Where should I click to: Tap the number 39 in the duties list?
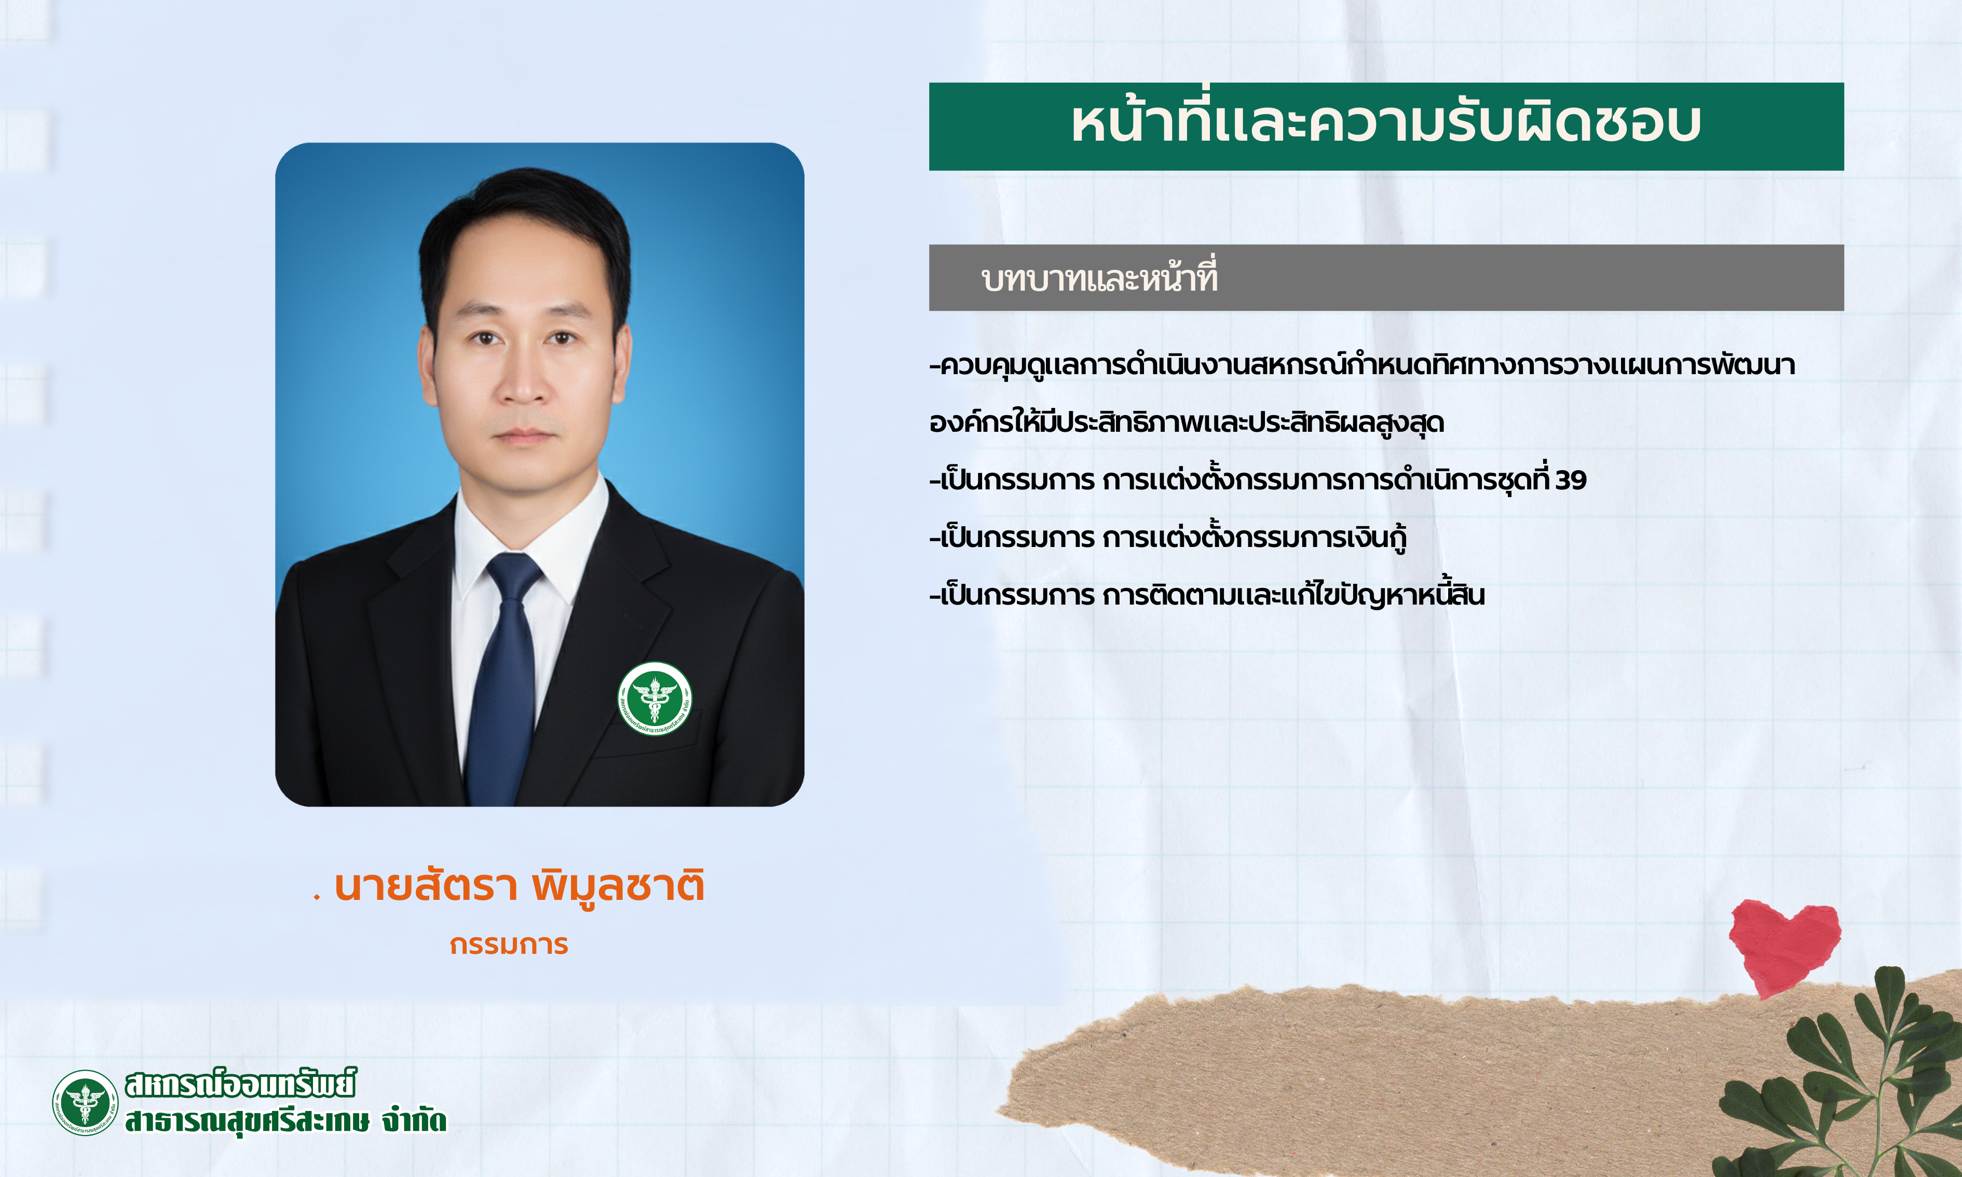coord(1570,480)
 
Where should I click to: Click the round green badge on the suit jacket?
coord(655,698)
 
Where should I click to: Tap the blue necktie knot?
coord(514,577)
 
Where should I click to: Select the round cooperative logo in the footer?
coord(85,1102)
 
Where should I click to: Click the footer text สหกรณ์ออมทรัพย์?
coord(240,1084)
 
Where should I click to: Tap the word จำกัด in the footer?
coord(414,1120)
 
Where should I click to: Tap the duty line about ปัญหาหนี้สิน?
coord(1207,594)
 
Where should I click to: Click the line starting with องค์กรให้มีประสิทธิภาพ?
coord(1187,422)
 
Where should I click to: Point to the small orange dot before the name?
coord(317,898)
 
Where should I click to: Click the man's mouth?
coord(523,435)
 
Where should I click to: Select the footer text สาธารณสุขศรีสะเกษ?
coord(247,1120)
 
